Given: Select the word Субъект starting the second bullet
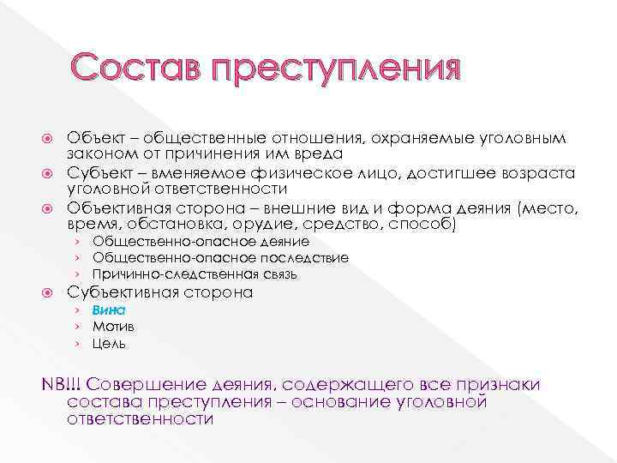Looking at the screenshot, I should [x=98, y=174].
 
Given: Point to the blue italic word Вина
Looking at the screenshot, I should [x=110, y=310].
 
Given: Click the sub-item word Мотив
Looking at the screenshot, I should [x=113, y=327].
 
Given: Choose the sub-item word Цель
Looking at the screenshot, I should [x=110, y=343].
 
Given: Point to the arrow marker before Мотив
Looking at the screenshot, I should [x=75, y=327].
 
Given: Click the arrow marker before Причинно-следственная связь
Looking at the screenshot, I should [x=75, y=274].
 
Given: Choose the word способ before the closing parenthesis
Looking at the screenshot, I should [x=421, y=225].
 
